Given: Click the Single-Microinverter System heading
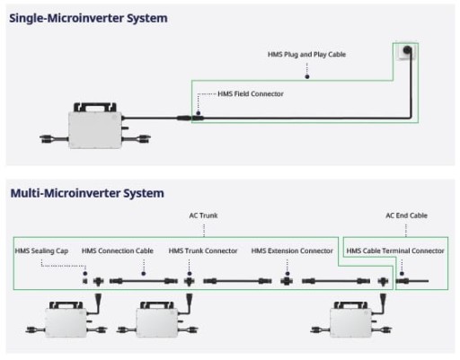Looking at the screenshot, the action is click(x=88, y=19).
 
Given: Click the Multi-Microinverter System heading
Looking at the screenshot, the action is click(x=87, y=193).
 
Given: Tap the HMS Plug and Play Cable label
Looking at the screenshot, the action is click(x=306, y=55).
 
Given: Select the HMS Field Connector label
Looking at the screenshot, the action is click(x=251, y=94).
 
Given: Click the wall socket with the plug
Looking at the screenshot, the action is click(x=406, y=51).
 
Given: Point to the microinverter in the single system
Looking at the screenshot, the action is click(x=95, y=126).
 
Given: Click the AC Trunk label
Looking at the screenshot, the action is click(x=203, y=215).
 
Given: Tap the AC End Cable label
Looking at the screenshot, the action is click(x=406, y=215).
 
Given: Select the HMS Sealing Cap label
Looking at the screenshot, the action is click(x=41, y=251).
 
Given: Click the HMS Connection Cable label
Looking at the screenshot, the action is click(x=118, y=250).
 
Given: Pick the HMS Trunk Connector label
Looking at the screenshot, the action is click(x=203, y=250).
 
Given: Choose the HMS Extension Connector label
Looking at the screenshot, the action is click(x=292, y=250).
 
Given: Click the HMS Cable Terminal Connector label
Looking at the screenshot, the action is click(x=395, y=250).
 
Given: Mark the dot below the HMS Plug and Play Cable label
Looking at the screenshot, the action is click(x=307, y=77).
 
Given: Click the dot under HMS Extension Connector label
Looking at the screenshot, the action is click(x=287, y=274).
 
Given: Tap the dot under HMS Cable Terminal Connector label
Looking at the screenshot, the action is click(x=402, y=274).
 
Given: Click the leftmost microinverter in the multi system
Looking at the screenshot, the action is click(x=66, y=320).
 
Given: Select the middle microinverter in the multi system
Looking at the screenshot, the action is click(x=157, y=320).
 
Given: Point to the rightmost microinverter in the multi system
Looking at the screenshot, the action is click(x=351, y=320).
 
